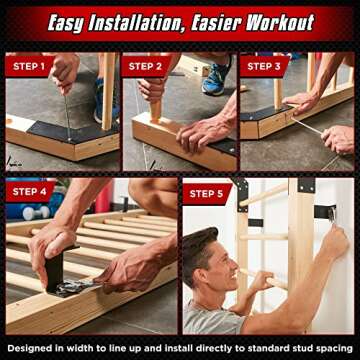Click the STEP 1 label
[28, 66]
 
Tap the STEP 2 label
[145, 66]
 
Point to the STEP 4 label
[28, 191]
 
